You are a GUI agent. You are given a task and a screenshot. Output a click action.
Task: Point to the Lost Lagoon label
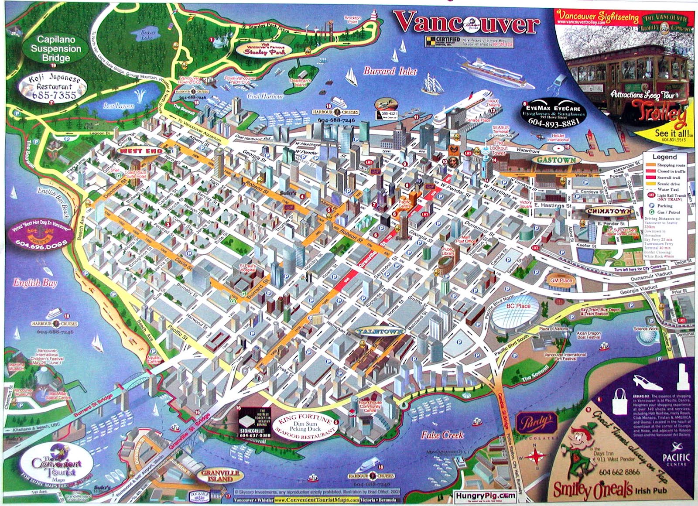(119, 106)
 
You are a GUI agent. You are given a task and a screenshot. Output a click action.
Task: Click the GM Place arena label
(561, 280)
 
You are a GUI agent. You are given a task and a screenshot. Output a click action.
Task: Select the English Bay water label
(35, 283)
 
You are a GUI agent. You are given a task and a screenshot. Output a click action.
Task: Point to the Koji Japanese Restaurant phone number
(53, 95)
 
